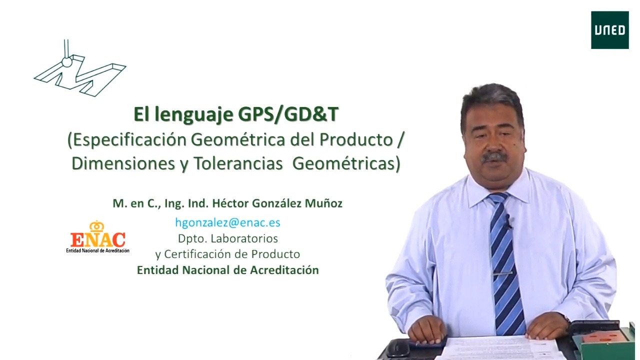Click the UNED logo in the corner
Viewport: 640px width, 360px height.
pyautogui.click(x=609, y=30)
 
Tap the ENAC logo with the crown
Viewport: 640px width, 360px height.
pyautogui.click(x=97, y=237)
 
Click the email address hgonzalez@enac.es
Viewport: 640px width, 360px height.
pyautogui.click(x=227, y=222)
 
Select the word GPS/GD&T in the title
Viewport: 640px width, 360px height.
pyautogui.click(x=288, y=114)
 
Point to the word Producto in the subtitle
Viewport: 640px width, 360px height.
pyautogui.click(x=356, y=139)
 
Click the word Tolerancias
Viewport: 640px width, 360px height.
pyautogui.click(x=238, y=163)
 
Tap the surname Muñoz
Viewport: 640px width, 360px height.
pyautogui.click(x=323, y=203)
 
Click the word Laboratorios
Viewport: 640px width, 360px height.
pyautogui.click(x=244, y=238)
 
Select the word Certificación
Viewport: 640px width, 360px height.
pyautogui.click(x=204, y=254)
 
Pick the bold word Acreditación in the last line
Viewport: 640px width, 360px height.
pyautogui.click(x=284, y=270)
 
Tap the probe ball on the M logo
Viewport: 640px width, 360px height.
pyautogui.click(x=67, y=62)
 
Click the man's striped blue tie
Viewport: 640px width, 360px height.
pyautogui.click(x=506, y=263)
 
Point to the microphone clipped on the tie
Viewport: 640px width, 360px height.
pyautogui.click(x=507, y=221)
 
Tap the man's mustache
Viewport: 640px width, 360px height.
pyautogui.click(x=493, y=157)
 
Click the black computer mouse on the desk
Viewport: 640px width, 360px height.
pyautogui.click(x=397, y=348)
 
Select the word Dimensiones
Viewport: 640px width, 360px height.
pyautogui.click(x=123, y=163)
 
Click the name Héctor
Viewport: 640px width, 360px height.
pyautogui.click(x=230, y=203)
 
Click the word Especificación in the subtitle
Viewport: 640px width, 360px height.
pyautogui.click(x=129, y=140)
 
